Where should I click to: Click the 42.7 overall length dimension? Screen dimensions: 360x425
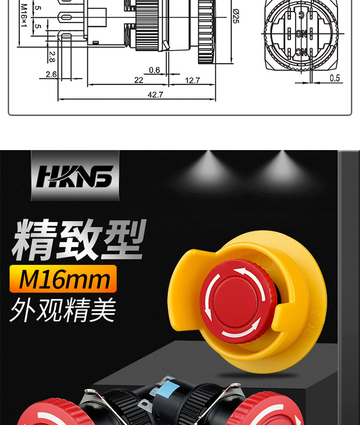click(155, 95)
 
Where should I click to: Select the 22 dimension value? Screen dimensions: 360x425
click(139, 81)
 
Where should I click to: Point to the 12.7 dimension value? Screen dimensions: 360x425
click(192, 81)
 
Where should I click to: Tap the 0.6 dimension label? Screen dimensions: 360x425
click(154, 70)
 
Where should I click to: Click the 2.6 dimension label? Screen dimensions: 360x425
click(51, 74)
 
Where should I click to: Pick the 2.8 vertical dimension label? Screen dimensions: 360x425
click(51, 57)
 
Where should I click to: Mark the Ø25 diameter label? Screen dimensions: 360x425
click(235, 17)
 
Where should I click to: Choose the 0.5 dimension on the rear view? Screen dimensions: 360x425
click(335, 78)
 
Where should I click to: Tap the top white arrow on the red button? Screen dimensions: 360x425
click(248, 274)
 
